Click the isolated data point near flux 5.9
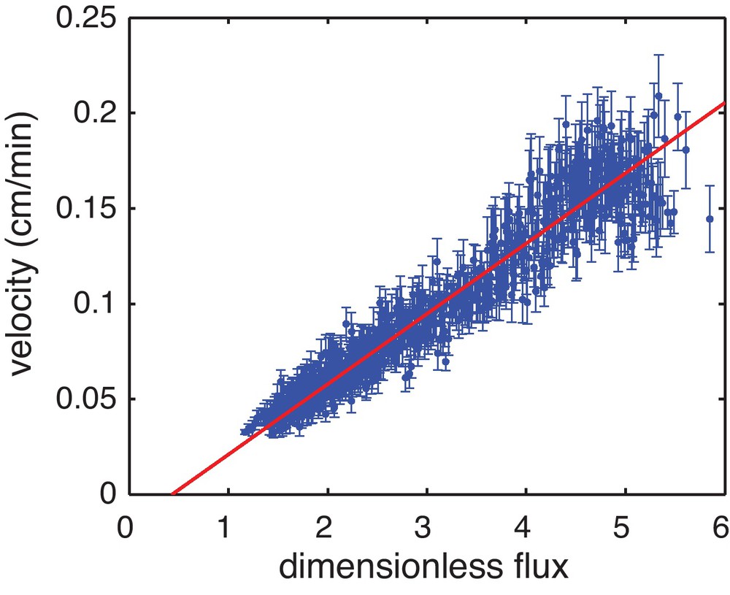coord(709,218)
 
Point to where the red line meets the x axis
coord(172,494)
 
